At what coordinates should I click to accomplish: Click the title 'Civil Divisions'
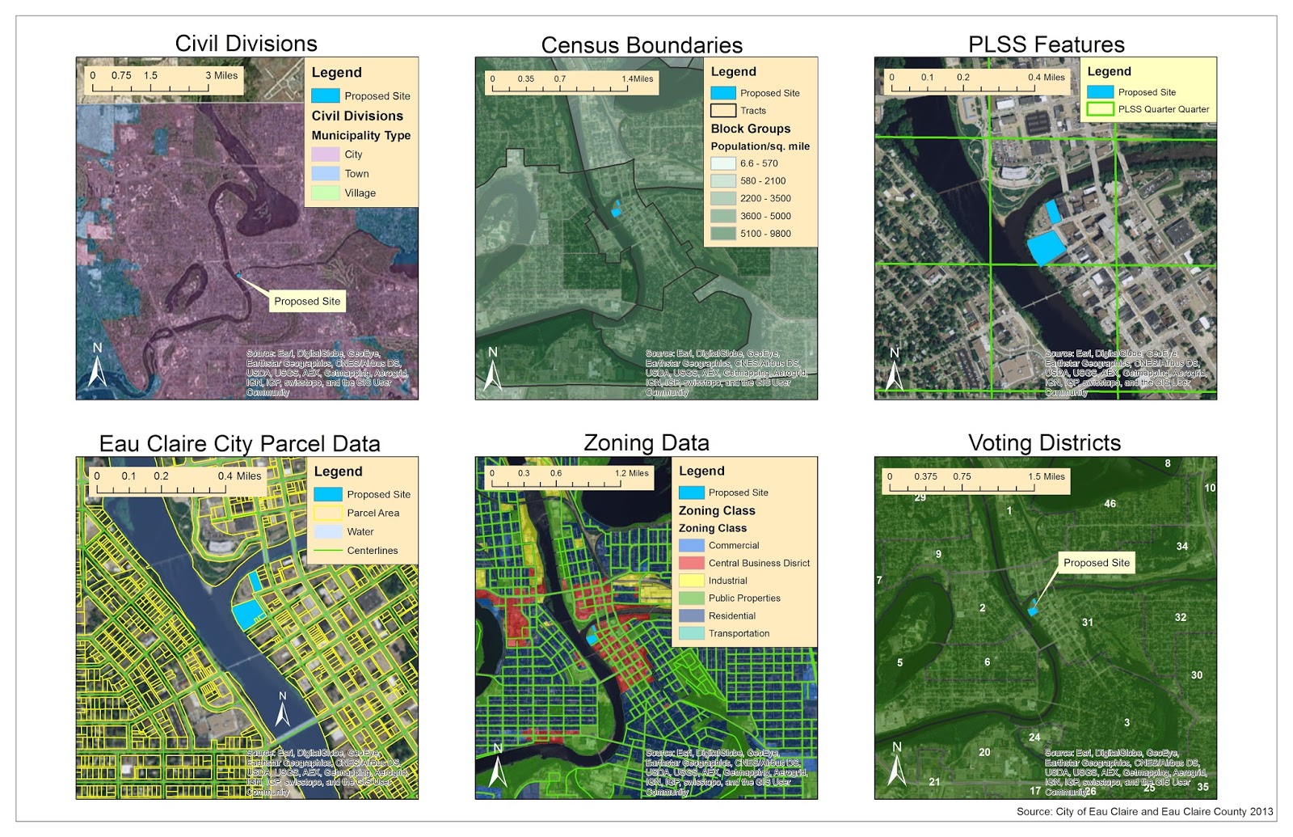click(246, 44)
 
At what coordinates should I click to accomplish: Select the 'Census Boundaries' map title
click(642, 45)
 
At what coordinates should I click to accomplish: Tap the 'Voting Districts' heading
click(1044, 443)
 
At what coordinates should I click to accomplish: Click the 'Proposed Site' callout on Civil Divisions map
click(307, 301)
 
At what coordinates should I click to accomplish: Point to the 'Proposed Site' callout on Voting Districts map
click(1096, 563)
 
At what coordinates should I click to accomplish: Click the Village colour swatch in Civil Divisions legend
click(325, 193)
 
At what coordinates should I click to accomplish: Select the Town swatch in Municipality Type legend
click(325, 174)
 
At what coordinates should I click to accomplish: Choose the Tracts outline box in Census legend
click(723, 111)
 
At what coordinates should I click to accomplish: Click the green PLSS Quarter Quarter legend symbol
click(1100, 109)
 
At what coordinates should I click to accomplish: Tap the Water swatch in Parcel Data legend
click(328, 532)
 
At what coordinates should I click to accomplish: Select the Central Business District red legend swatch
click(692, 563)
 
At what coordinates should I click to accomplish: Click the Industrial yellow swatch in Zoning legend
click(692, 581)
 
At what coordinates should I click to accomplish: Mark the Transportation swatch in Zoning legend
click(692, 634)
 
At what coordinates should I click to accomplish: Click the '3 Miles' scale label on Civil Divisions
click(221, 76)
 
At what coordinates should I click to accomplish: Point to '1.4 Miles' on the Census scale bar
click(638, 79)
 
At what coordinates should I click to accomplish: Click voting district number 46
click(1110, 504)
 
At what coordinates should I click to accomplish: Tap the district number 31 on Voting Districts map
click(1088, 623)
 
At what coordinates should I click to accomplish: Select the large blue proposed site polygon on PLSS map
click(1046, 247)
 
